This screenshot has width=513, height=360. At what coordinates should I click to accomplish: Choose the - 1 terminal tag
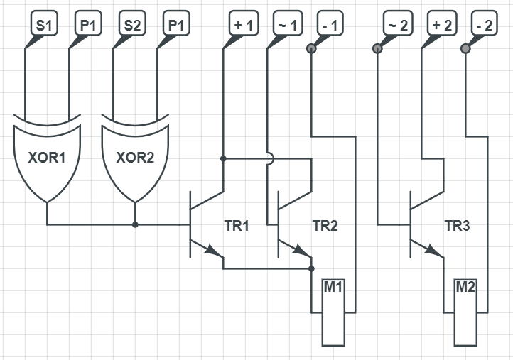pos(331,25)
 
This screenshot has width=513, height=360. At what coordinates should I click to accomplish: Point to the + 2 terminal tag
pos(441,25)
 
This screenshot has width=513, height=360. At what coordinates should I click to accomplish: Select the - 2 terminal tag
pos(485,25)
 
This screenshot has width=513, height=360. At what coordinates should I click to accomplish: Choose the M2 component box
pos(465,312)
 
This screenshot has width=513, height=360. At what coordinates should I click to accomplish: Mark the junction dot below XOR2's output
pos(135,224)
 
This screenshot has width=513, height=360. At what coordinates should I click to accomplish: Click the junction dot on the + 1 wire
pos(223,158)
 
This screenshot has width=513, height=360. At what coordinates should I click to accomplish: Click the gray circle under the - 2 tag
pos(465,49)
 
